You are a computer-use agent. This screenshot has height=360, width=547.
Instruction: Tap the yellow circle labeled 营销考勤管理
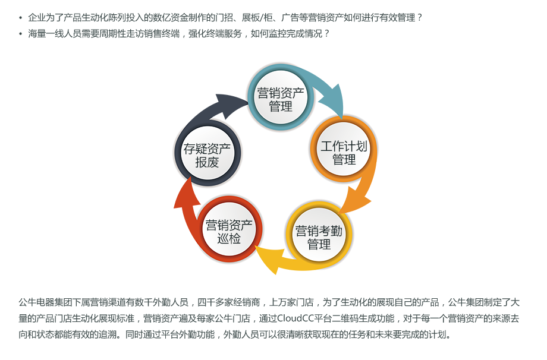(319, 236)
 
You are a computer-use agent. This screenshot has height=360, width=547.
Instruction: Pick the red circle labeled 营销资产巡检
(229, 231)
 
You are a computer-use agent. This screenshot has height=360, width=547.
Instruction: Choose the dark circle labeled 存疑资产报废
(207, 154)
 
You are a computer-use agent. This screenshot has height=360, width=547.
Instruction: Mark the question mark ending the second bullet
(326, 33)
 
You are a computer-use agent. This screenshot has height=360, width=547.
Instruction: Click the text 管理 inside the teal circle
(280, 107)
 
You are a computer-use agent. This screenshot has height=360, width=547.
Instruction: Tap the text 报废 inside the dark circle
(207, 162)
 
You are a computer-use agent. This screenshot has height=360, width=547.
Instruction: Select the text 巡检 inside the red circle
(229, 239)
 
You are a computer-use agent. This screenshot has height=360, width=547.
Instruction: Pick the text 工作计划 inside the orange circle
(344, 145)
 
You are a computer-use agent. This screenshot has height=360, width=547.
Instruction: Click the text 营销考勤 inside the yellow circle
(319, 229)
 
